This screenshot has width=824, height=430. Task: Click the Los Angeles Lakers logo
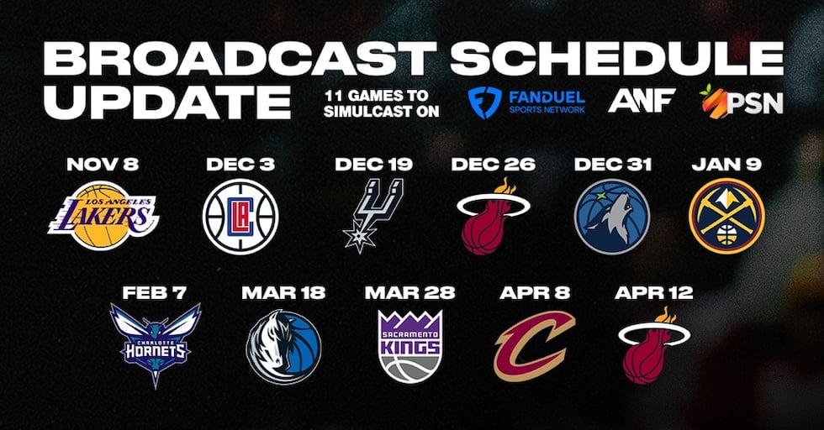tap(103, 215)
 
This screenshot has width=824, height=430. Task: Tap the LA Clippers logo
tap(240, 216)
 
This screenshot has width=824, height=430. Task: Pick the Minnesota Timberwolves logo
tap(611, 216)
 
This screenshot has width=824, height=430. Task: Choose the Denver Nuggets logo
tap(726, 216)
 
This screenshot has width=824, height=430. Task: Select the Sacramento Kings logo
tap(409, 345)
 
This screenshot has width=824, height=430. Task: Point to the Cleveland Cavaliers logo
tap(535, 345)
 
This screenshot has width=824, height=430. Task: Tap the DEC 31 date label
tap(611, 164)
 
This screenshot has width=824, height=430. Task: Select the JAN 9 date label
tap(726, 164)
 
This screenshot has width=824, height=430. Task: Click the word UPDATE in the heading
tap(160, 101)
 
